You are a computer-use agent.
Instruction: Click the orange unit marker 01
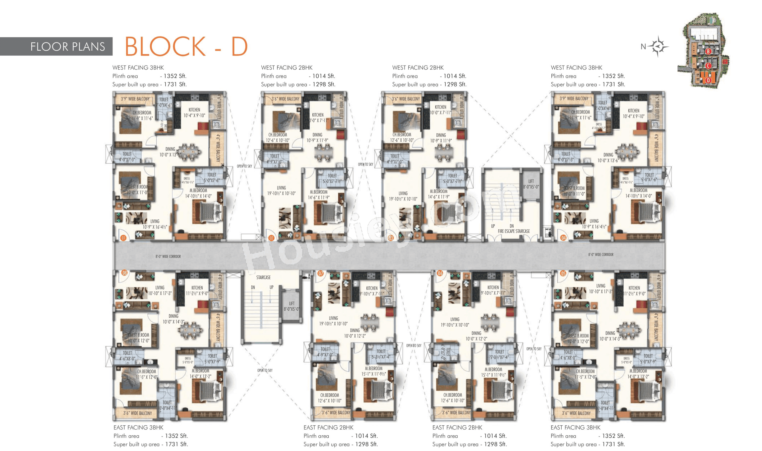(123, 238)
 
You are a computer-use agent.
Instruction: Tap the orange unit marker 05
(563, 273)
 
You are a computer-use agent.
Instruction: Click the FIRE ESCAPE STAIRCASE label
(514, 231)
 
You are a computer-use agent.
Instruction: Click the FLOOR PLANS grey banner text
(67, 47)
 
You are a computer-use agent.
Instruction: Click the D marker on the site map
(708, 80)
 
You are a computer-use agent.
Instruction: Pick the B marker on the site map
(708, 51)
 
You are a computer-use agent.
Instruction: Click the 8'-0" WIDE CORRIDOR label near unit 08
(168, 257)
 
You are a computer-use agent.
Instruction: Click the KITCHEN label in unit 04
(633, 111)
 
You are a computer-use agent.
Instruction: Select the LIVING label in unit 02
(281, 188)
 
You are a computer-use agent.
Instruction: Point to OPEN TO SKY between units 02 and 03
(365, 164)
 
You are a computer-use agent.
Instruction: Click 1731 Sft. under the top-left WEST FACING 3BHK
(175, 84)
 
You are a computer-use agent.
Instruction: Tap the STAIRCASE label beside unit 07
(263, 277)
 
